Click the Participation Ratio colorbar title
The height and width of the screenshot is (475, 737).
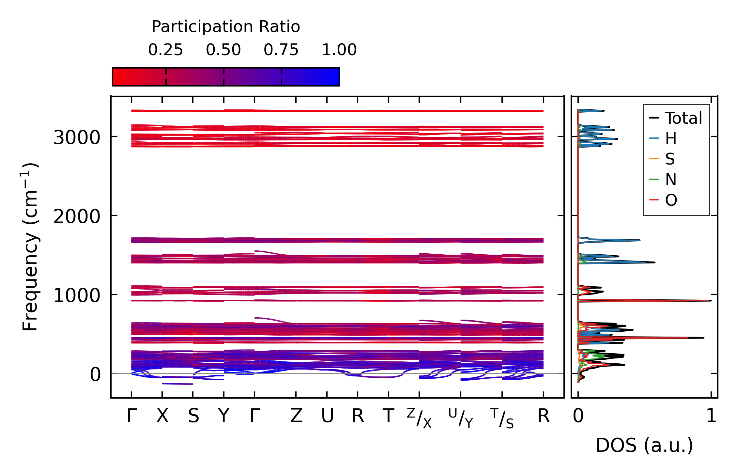pyautogui.click(x=226, y=27)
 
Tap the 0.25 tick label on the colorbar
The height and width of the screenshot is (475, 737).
pyautogui.click(x=165, y=50)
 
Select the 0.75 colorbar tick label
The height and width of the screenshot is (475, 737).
pyautogui.click(x=281, y=50)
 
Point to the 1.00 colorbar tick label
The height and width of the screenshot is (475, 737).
pyautogui.click(x=339, y=50)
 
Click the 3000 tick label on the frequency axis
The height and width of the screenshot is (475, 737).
pyautogui.click(x=77, y=137)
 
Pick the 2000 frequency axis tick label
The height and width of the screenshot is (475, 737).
pyautogui.click(x=77, y=216)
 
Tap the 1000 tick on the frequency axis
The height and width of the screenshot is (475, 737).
pyautogui.click(x=77, y=296)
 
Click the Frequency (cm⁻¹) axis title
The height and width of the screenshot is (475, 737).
pyautogui.click(x=30, y=247)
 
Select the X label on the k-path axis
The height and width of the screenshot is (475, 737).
pyautogui.click(x=162, y=416)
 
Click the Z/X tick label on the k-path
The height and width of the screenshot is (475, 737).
pyautogui.click(x=419, y=418)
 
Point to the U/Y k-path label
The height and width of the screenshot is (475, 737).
pyautogui.click(x=461, y=418)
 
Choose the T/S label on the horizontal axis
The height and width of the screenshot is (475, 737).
pyautogui.click(x=502, y=418)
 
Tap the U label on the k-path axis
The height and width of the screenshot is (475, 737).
pyautogui.click(x=327, y=416)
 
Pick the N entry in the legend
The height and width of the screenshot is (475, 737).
pyautogui.click(x=670, y=180)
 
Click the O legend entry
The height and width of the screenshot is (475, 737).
pyautogui.click(x=671, y=200)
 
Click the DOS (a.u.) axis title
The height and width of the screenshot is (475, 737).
pyautogui.click(x=644, y=445)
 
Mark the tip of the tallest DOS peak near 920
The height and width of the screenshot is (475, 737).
pyautogui.click(x=711, y=301)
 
